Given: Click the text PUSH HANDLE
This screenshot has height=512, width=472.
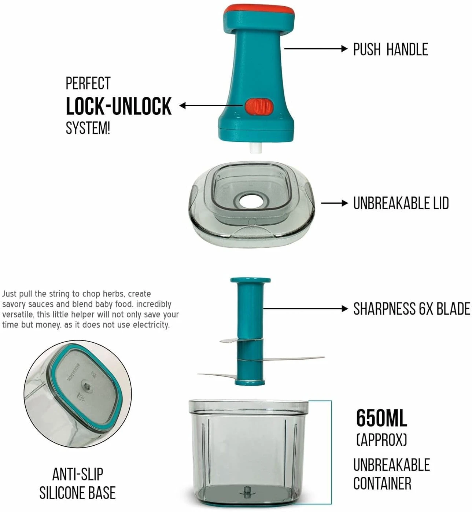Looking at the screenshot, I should [x=390, y=49].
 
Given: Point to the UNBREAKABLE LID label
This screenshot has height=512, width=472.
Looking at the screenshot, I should [x=401, y=203].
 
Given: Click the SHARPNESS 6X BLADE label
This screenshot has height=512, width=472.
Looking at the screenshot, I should [x=411, y=309].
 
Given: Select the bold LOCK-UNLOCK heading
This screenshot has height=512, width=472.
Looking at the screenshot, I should [x=118, y=107].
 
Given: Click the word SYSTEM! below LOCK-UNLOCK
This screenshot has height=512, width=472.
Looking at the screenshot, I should [x=88, y=128].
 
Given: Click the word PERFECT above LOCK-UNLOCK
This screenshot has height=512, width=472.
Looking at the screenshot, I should [x=88, y=84].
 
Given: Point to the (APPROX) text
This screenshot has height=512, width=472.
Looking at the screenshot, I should [x=381, y=439].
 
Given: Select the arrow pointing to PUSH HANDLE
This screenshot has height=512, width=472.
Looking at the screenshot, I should [x=316, y=48].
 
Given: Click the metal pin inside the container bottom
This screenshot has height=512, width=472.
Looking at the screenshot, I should [x=247, y=490].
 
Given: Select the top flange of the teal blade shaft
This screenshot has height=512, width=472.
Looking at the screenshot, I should [x=251, y=281].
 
